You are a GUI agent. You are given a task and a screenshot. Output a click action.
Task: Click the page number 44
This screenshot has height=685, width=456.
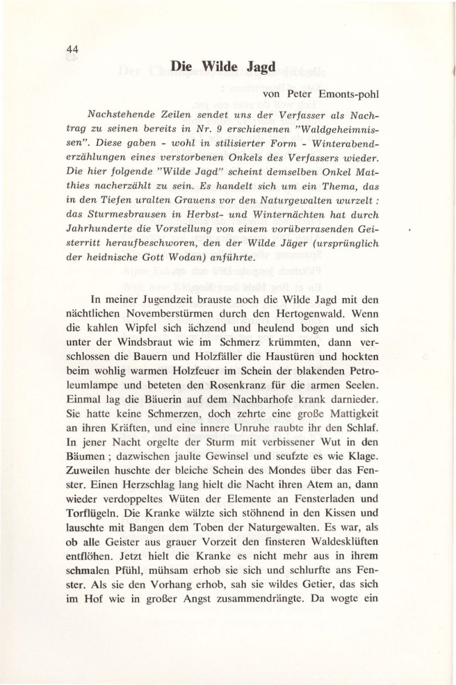click(71, 50)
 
